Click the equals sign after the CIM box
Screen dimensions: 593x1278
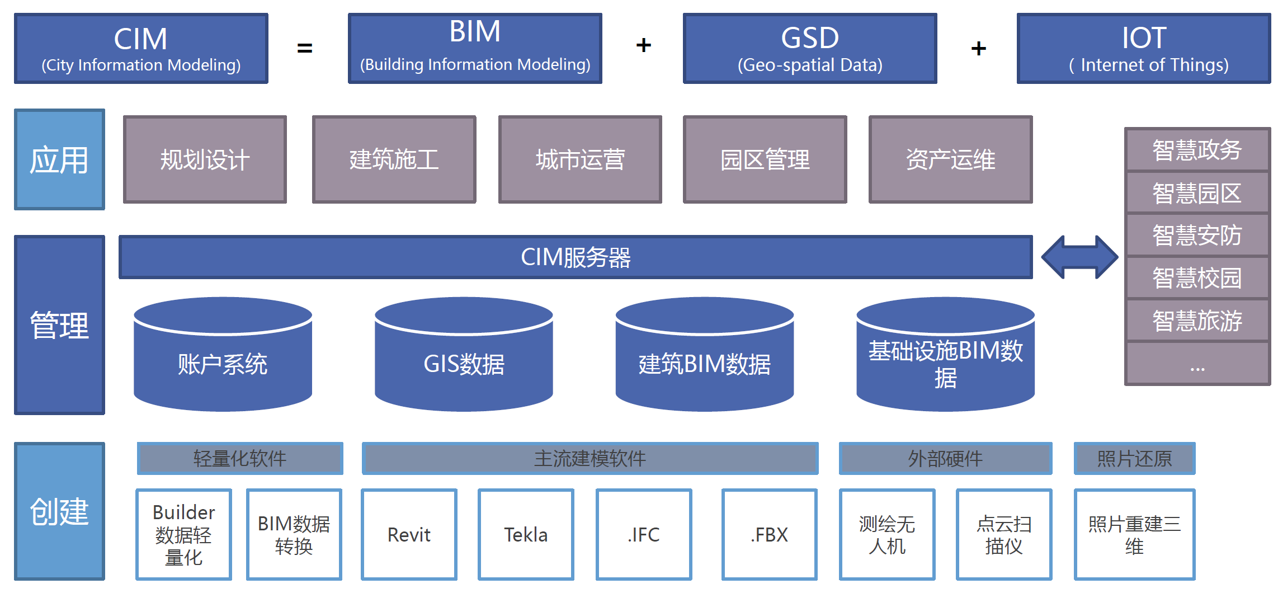(305, 48)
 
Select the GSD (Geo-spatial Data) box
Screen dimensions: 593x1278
(809, 49)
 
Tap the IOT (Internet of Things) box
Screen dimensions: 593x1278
(1143, 49)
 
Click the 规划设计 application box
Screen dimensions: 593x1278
(205, 159)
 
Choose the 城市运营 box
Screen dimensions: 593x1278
(580, 159)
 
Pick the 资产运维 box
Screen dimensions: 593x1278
(950, 159)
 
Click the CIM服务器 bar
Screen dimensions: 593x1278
(576, 257)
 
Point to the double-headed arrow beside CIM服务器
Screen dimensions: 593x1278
(1079, 257)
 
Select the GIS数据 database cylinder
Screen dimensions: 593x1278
(464, 358)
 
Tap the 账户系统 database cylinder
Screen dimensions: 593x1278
(223, 358)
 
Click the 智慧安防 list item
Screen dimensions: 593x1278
(1197, 235)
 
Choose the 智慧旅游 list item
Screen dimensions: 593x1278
(1197, 321)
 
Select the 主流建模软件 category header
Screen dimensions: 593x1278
(590, 459)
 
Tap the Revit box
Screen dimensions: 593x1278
(409, 535)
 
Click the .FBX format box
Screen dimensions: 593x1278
(769, 535)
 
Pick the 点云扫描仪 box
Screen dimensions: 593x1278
(1004, 535)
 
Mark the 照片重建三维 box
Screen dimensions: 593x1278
(1134, 535)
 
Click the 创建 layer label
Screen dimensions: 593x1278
(59, 511)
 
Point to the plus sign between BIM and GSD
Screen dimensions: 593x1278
(644, 45)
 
